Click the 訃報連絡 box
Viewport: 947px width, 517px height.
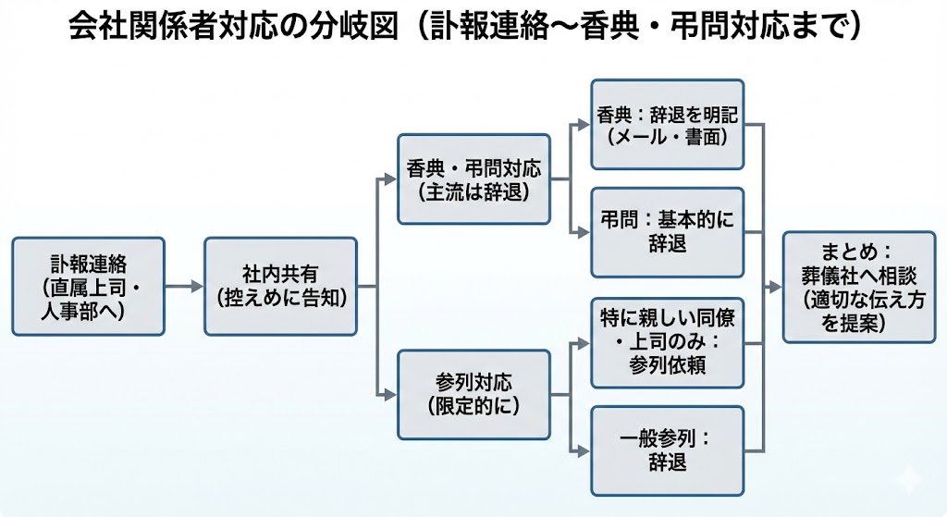[x=88, y=287]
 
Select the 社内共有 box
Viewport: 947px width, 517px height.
[x=280, y=287]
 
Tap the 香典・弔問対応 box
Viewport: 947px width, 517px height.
[x=473, y=179]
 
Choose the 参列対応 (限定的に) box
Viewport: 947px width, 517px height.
[x=473, y=393]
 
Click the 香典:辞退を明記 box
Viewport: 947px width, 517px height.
[x=668, y=124]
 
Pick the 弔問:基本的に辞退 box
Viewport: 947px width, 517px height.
[x=668, y=231]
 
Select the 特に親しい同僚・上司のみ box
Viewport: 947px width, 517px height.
[x=668, y=342]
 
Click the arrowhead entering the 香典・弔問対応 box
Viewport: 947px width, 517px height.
[x=390, y=179]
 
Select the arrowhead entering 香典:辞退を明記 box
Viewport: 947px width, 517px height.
[x=584, y=124]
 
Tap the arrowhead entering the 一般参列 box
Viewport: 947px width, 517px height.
[x=584, y=451]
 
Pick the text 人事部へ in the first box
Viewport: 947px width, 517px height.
[x=88, y=309]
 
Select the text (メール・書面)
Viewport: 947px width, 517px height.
[x=668, y=137]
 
